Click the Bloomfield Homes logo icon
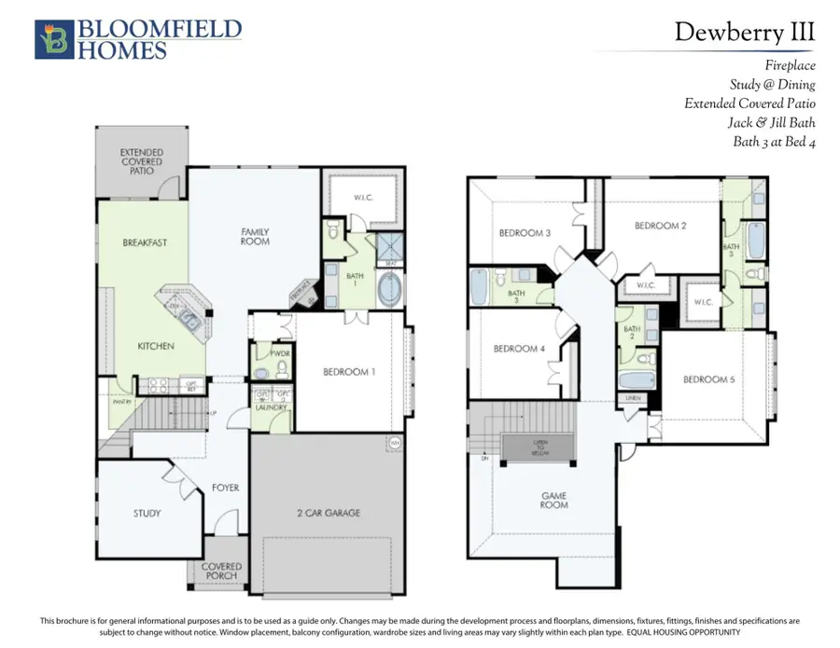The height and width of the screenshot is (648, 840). pos(52,39)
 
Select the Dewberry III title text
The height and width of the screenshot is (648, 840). pos(745,32)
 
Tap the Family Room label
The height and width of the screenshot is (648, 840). pos(255,236)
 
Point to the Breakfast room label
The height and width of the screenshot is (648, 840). pos(145,242)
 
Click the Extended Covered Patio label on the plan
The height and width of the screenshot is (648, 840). pos(142,161)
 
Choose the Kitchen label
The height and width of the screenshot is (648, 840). pos(156,346)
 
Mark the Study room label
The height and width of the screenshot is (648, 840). pos(147,513)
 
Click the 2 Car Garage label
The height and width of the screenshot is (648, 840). pos(329,513)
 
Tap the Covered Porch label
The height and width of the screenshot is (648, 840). pos(221,571)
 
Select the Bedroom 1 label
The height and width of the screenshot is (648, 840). pos(349,372)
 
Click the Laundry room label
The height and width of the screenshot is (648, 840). pos(272,407)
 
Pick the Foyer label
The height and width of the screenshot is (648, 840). pos(225,488)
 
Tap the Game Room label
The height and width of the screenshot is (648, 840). pos(553,500)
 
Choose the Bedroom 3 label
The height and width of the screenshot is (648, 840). pos(523,233)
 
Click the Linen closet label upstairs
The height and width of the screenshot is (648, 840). pos(634,398)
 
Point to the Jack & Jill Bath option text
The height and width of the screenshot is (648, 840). pos(772,122)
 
